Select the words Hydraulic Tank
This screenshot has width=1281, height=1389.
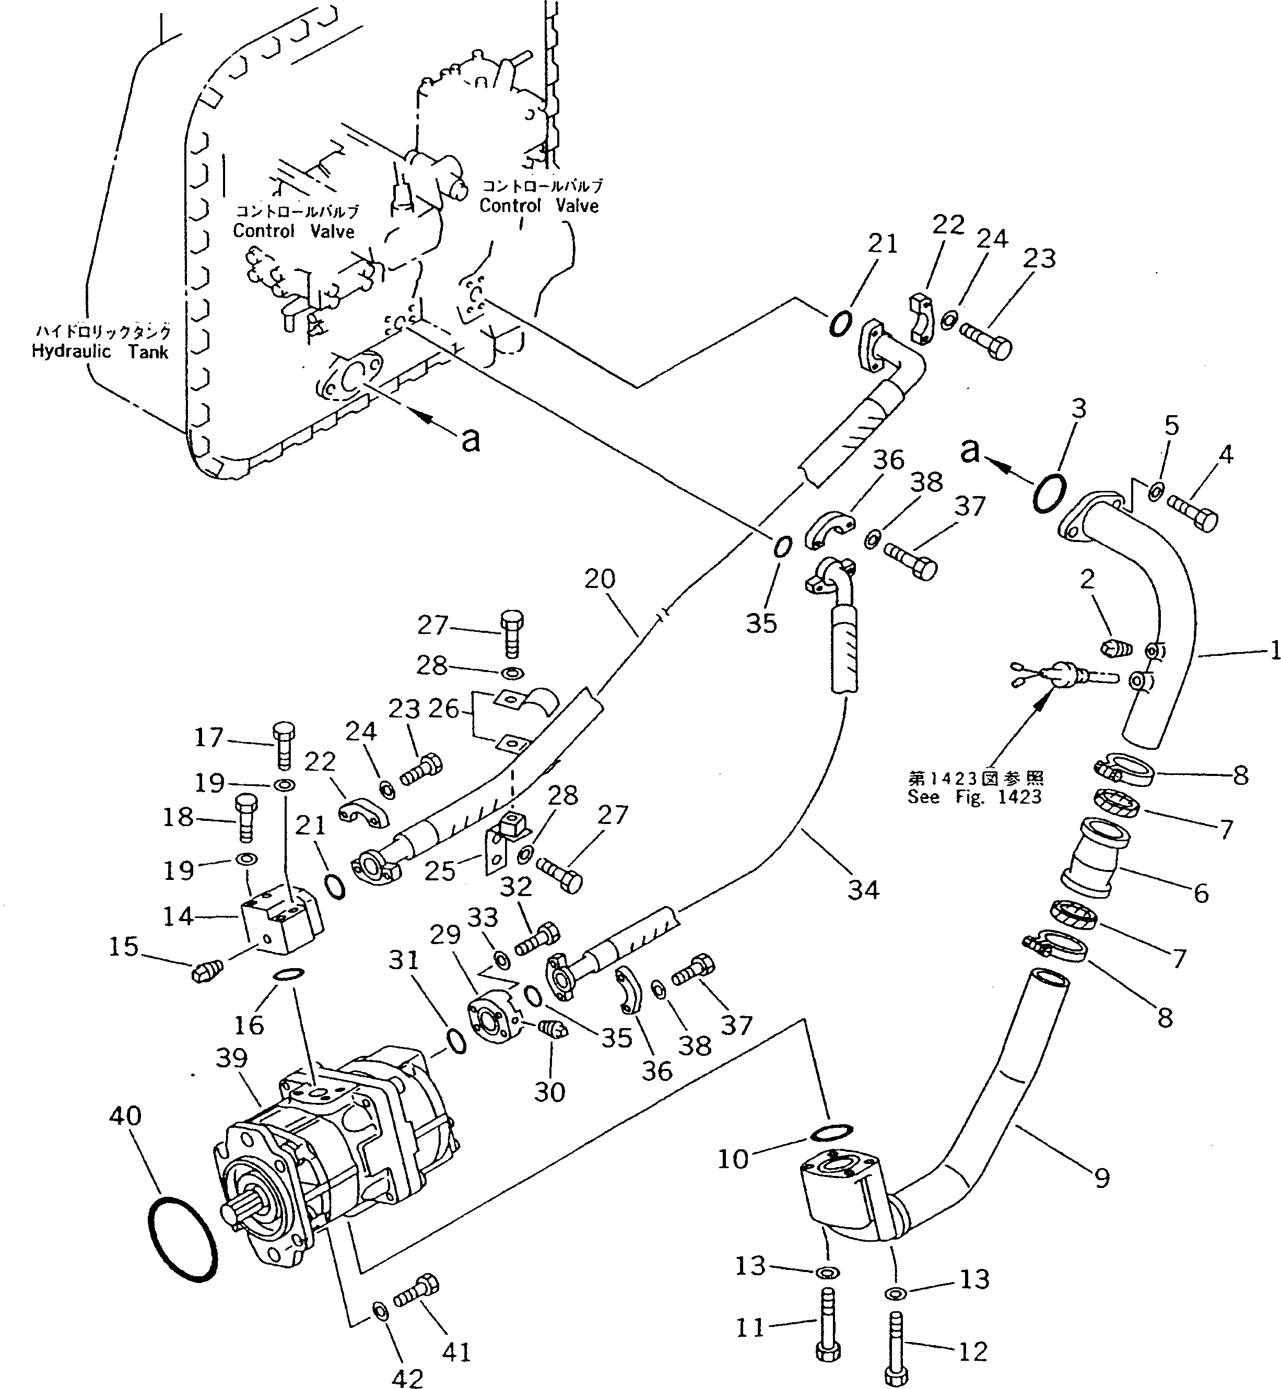point(100,351)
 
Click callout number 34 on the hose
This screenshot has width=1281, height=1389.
point(863,889)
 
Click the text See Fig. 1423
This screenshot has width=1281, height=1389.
point(974,796)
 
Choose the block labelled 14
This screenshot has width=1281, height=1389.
point(281,921)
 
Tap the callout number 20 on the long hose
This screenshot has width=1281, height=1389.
point(600,579)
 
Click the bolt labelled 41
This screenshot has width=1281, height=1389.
point(417,1290)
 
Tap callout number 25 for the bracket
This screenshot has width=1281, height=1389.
point(440,870)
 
